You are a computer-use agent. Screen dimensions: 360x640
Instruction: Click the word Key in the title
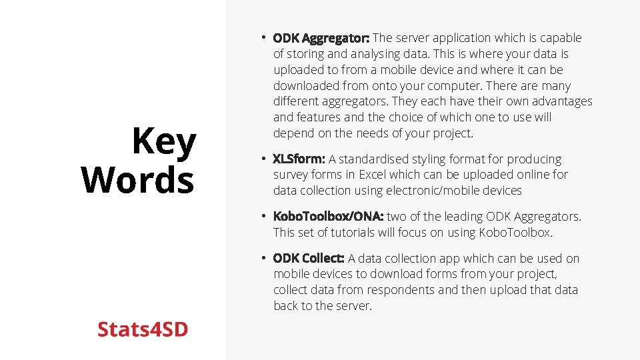(x=164, y=141)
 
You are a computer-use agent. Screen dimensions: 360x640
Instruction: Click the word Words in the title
(x=137, y=180)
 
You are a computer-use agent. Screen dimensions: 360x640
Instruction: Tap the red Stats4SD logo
(x=143, y=329)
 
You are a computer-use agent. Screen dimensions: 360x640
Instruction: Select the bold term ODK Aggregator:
(x=321, y=38)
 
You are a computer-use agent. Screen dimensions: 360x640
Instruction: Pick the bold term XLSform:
(x=299, y=159)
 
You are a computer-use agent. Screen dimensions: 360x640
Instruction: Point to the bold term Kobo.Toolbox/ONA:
(x=328, y=217)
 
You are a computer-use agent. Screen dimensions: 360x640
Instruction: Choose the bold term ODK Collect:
(x=309, y=259)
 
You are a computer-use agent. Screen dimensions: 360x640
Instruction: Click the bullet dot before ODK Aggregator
(x=264, y=37)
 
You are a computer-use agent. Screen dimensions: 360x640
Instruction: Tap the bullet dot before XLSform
(x=264, y=159)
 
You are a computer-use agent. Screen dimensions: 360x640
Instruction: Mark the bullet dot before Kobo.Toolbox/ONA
(x=264, y=216)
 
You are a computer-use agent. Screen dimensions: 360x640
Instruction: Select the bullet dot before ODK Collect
(x=264, y=258)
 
